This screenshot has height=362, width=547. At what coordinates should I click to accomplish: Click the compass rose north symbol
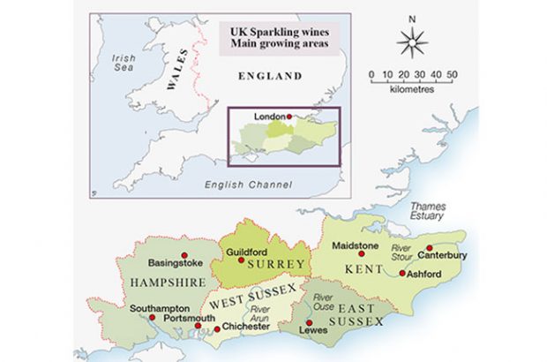coord(412,41)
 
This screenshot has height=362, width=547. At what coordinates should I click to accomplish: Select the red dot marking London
coord(288,117)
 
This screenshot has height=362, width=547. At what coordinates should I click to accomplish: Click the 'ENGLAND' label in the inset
coord(270,78)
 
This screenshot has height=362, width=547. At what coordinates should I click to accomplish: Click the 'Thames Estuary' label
coord(427,212)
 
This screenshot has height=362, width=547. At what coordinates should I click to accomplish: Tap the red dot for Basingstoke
coord(184,255)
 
